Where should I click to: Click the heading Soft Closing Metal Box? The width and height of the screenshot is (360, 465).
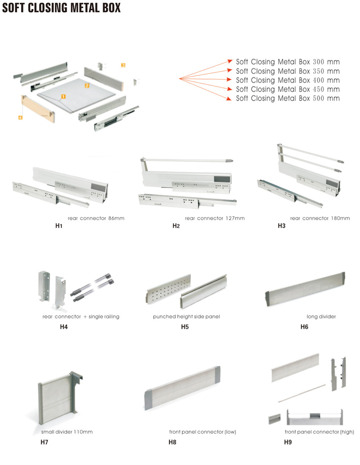(x=61, y=9)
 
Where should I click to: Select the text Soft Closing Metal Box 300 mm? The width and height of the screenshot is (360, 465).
(x=288, y=62)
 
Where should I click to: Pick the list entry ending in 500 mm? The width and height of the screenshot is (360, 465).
(x=288, y=98)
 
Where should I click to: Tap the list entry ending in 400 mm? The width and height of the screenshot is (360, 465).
(x=288, y=80)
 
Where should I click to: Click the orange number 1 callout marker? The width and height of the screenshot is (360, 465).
(x=63, y=96)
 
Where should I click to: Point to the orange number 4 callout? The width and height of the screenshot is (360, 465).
(x=20, y=117)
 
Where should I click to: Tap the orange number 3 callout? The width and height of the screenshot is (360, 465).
(x=123, y=65)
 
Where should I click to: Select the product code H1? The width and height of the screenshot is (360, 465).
(x=58, y=226)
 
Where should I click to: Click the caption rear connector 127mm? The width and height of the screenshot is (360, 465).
(x=215, y=218)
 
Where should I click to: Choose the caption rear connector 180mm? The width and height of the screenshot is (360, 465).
(x=320, y=218)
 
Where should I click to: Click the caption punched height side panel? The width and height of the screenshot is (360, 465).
(x=186, y=317)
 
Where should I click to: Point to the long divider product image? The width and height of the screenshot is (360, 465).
(x=304, y=288)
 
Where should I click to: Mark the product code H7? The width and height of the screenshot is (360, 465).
(x=44, y=442)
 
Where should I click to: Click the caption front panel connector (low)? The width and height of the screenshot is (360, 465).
(x=202, y=432)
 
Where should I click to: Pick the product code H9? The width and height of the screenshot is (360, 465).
(x=288, y=442)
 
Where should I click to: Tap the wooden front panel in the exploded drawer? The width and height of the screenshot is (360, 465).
(x=38, y=110)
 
